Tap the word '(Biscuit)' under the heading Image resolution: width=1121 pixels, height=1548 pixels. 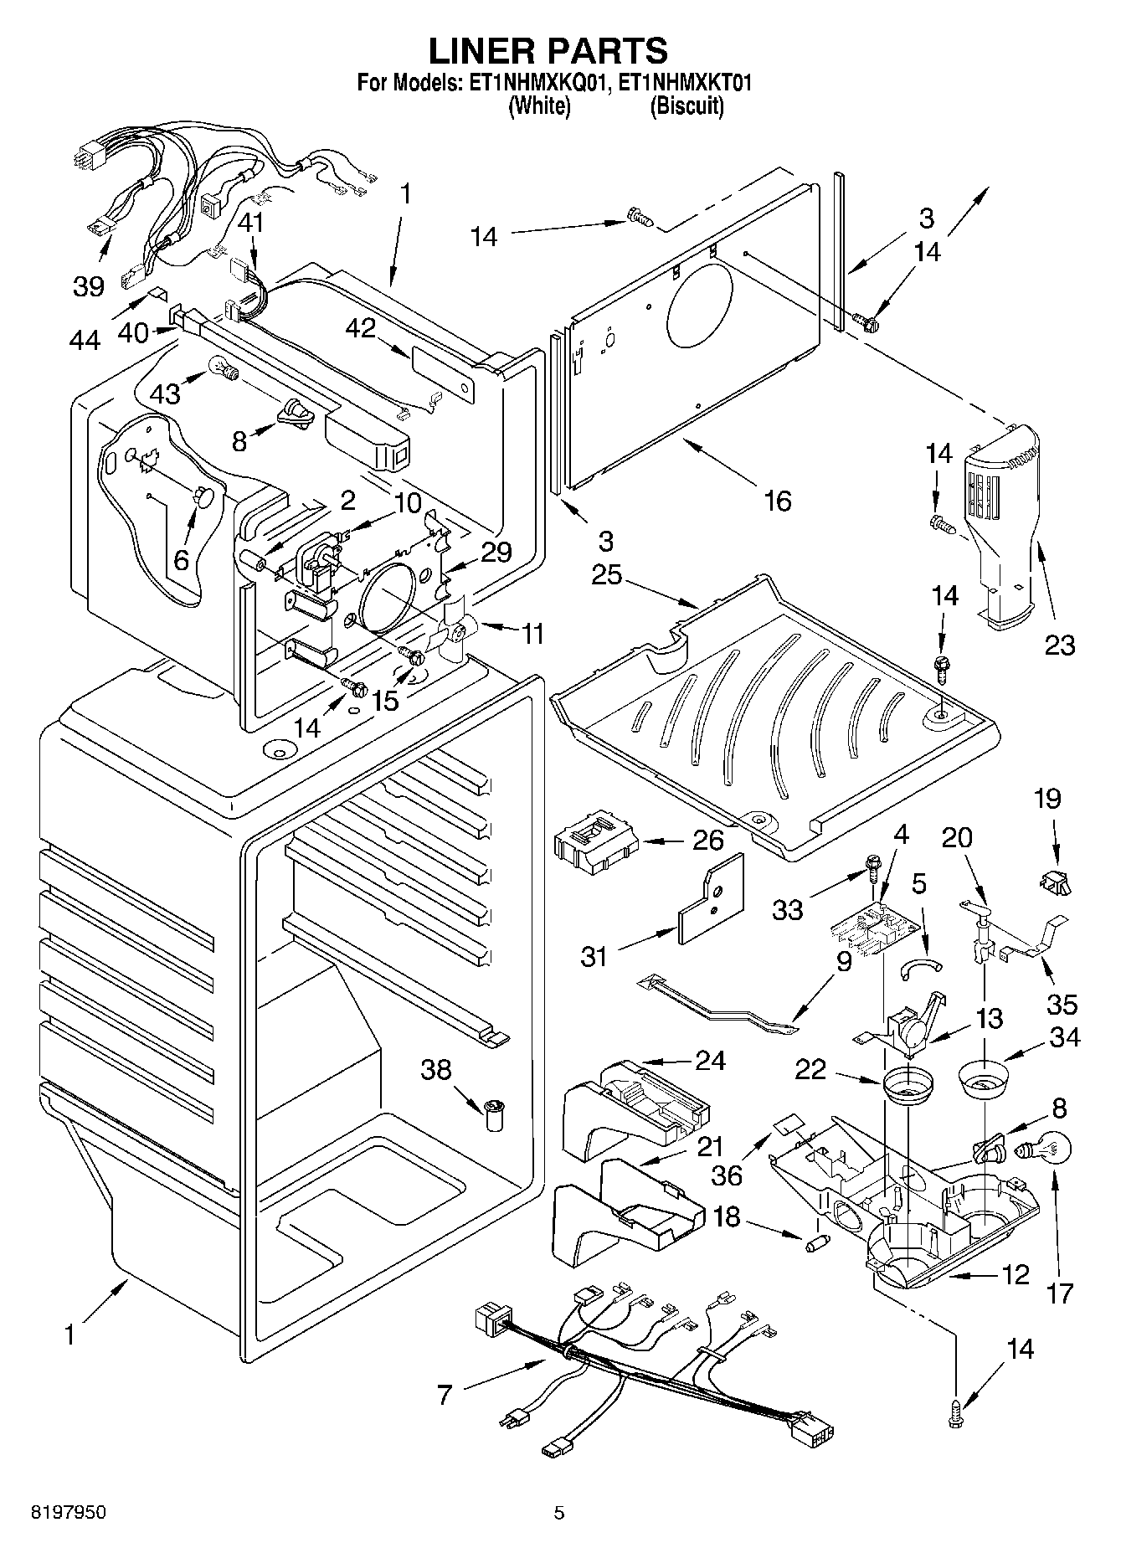[686, 106]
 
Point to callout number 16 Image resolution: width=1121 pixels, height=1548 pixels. [778, 501]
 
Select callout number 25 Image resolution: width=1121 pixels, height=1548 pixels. [608, 575]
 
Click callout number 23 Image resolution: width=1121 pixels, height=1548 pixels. [1059, 645]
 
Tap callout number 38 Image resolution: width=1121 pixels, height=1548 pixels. [436, 1069]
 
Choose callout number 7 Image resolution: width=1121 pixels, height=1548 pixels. [445, 1395]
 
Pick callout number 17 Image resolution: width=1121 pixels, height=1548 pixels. [1060, 1293]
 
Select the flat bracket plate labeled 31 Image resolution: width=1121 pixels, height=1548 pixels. [712, 900]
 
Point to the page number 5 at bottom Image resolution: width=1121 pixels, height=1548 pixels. [559, 1513]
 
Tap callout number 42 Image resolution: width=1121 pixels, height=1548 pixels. [360, 329]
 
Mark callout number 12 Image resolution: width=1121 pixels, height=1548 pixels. [1015, 1275]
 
